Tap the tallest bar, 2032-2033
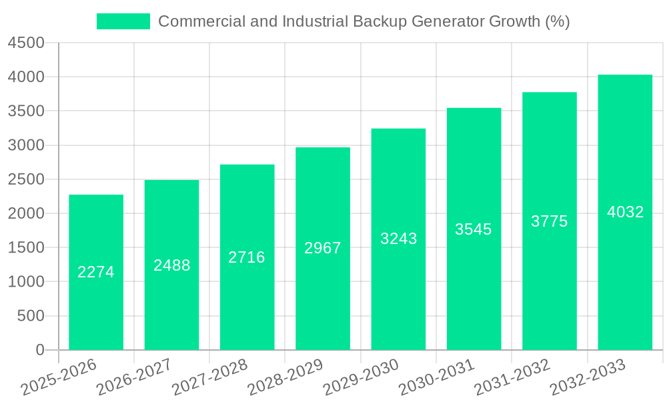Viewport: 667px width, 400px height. pos(625,280)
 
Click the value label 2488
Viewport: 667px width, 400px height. pos(171,265)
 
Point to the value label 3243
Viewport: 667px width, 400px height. pos(398,239)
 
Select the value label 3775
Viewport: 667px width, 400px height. pos(549,221)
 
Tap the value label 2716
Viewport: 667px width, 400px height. pos(247,257)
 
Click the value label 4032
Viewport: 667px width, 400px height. pos(625,212)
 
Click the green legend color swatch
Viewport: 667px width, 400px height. pos(123,21)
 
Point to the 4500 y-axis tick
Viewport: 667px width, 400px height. pos(26,43)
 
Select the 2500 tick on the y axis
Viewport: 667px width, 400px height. pos(26,179)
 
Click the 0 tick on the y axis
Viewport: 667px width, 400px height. pos(39,350)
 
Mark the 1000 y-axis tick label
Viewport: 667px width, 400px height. pos(26,282)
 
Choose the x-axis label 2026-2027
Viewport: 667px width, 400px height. pos(133,378)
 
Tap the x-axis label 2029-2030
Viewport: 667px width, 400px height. pos(360,378)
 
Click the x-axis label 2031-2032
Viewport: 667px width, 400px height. pos(512,378)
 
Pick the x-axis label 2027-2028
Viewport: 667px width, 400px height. pos(209,378)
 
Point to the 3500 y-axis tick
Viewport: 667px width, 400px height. pos(26,111)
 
